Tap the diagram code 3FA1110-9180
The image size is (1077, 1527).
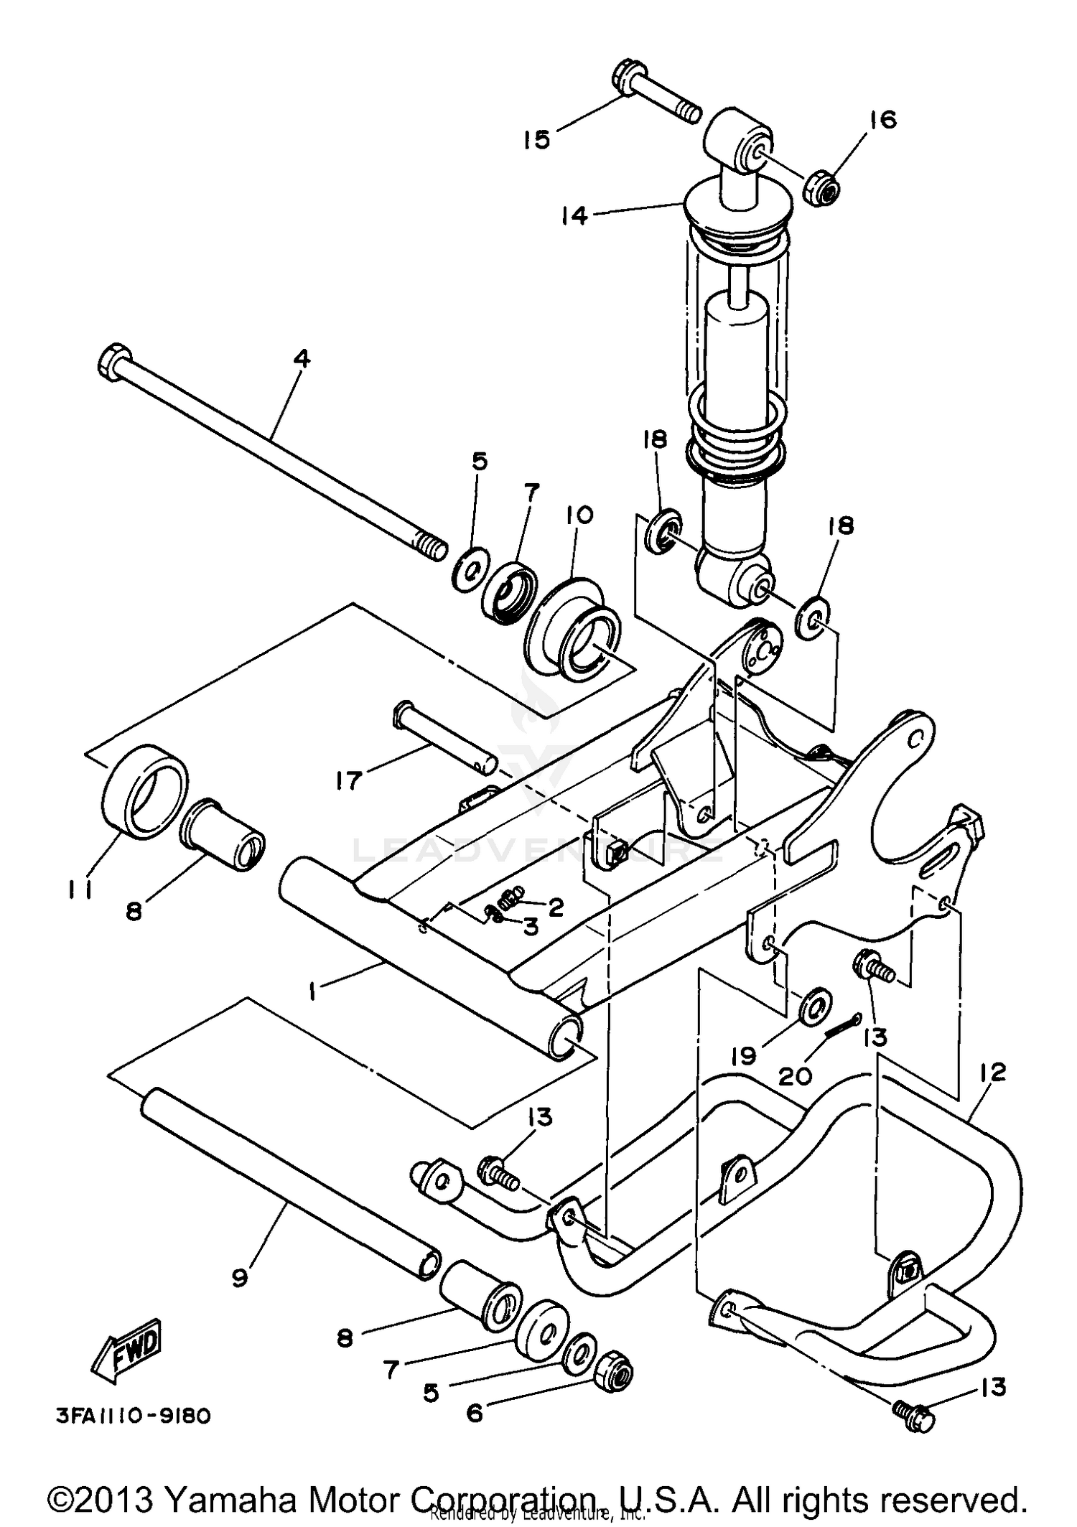[x=133, y=1416]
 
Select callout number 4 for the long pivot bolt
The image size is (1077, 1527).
[x=302, y=359]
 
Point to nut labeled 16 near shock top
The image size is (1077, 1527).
[x=826, y=188]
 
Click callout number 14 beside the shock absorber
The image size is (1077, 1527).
[x=574, y=215]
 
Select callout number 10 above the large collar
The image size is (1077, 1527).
[x=579, y=515]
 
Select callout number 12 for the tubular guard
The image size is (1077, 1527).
[x=991, y=1073]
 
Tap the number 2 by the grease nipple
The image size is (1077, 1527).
[x=555, y=907]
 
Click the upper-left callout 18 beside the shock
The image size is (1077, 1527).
[x=654, y=439]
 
